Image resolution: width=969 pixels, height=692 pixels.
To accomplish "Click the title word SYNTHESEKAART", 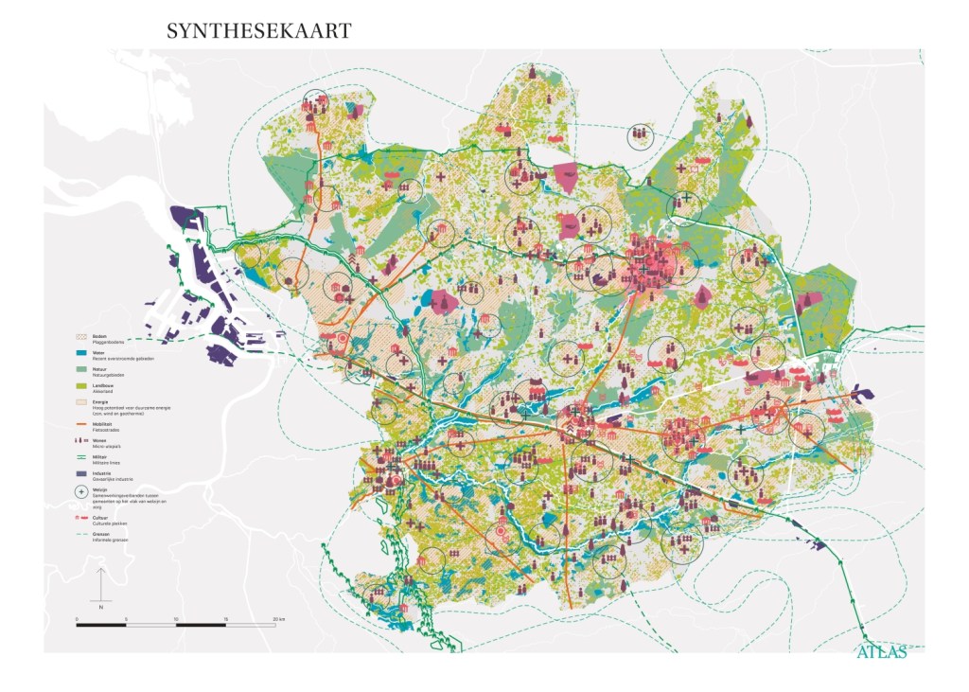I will pos(258,31).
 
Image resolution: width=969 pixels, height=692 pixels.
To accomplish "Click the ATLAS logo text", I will pos(881,651).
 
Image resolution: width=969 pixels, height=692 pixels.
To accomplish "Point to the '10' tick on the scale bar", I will pos(176,617).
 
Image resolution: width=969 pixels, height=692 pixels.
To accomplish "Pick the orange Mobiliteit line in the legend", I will pos(82,423).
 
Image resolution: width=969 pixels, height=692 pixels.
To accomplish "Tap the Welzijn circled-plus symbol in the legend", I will pos(82,492).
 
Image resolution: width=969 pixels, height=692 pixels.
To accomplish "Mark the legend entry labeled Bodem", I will pos(99,337).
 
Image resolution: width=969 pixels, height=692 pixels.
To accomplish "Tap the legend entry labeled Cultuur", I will pos(100,519).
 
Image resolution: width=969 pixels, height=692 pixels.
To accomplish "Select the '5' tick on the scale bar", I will pos(126,617).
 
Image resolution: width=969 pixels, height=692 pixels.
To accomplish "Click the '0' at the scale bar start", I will pos(77,617).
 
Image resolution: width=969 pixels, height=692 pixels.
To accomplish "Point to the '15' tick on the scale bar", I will pos(225,617).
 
